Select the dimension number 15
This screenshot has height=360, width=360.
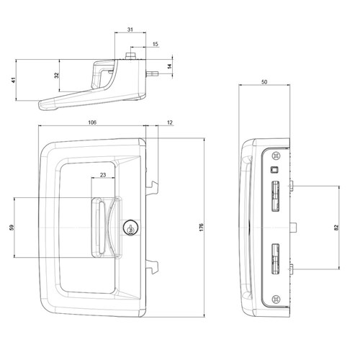tap(156, 45)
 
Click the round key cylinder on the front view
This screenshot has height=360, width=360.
tap(130, 228)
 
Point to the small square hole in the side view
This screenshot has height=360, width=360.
tap(274, 170)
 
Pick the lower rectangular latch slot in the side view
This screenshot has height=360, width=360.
tap(275, 258)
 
